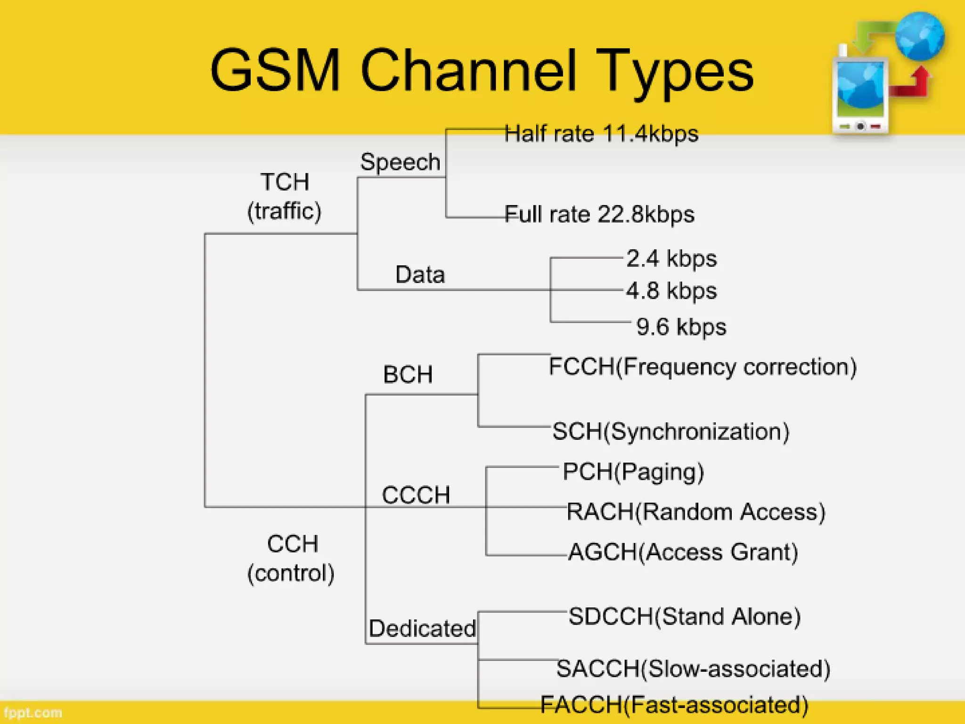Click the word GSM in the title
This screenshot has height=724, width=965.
point(275,71)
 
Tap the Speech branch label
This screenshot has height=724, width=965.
point(400,162)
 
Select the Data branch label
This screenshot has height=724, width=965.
point(420,274)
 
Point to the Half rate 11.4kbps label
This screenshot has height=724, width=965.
point(601,134)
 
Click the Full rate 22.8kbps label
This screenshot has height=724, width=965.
point(599,214)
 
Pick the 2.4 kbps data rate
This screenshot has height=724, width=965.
point(671,259)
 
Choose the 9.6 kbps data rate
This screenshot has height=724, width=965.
point(681,327)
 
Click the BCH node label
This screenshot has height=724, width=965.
point(408,375)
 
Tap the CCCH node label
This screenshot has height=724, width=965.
point(416,495)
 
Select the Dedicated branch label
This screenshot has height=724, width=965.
point(422,628)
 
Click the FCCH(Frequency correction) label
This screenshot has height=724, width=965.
point(703,367)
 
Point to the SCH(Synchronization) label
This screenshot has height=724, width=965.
point(671,431)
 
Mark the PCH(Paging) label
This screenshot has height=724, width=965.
point(633,472)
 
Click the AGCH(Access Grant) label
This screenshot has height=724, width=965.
point(683,552)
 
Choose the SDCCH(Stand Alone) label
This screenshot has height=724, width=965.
point(685,617)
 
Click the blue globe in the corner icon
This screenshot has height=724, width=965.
point(919,37)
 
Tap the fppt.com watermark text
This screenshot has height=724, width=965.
point(33,713)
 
